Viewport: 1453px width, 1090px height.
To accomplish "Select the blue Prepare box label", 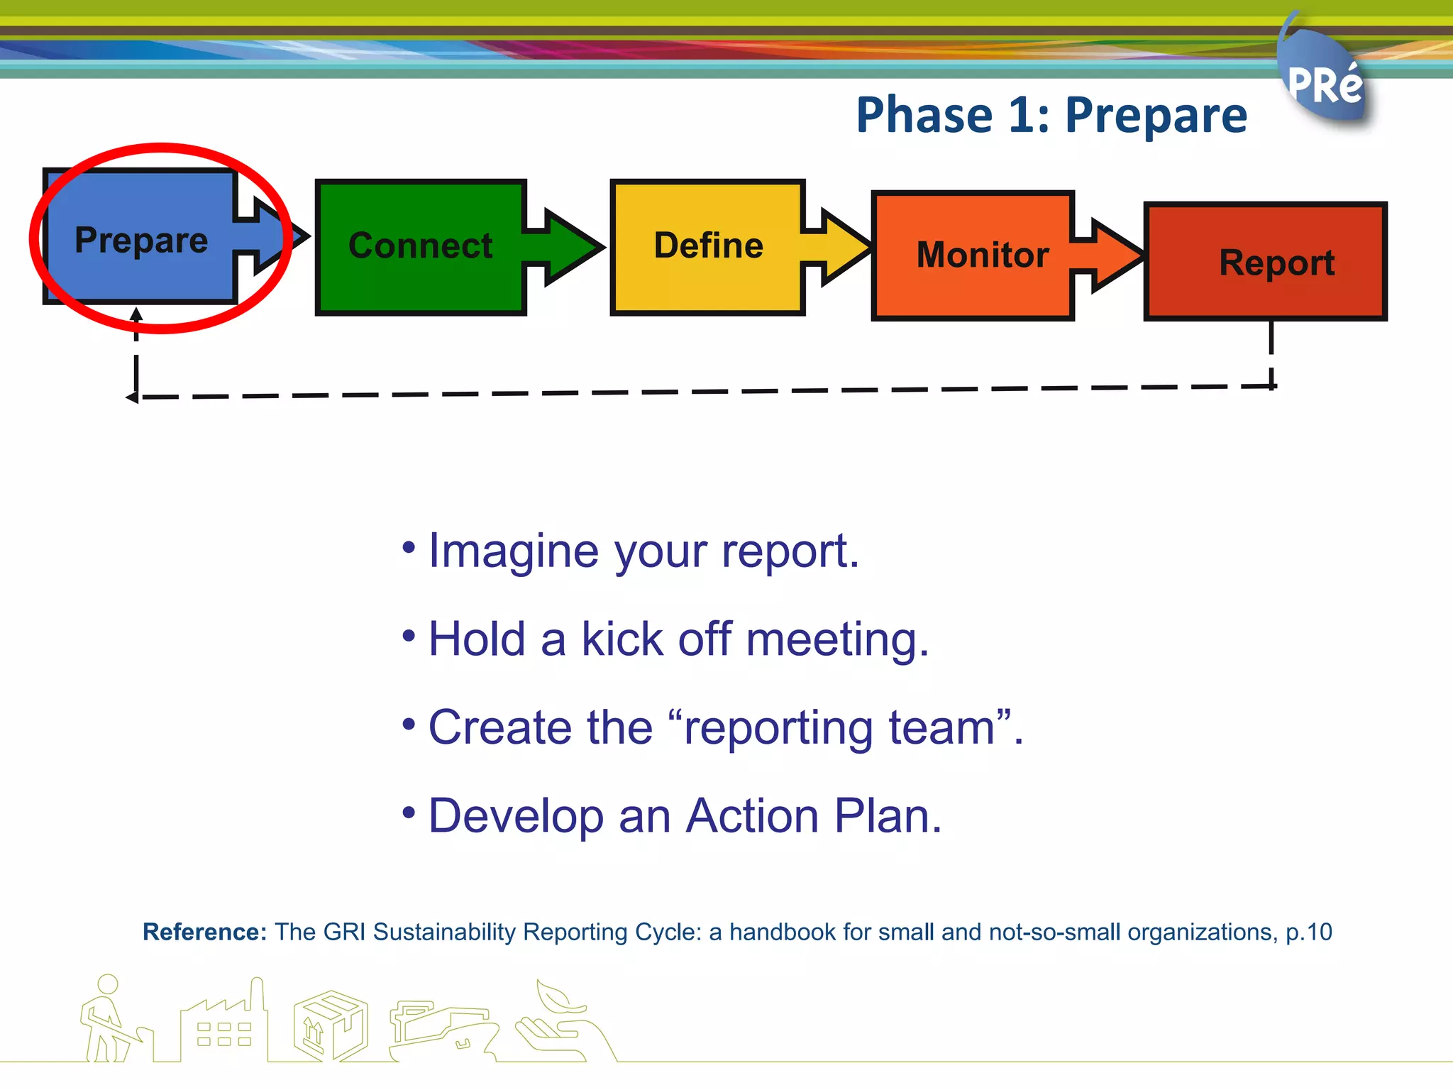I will coord(141,240).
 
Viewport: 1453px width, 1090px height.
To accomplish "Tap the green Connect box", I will coord(421,246).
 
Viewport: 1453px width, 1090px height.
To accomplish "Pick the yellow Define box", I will coord(708,246).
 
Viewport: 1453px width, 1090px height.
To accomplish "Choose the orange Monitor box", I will coord(982,255).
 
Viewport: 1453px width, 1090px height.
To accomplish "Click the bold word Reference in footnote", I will coord(204,932).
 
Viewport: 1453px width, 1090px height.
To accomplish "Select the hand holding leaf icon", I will coord(560,1018).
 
